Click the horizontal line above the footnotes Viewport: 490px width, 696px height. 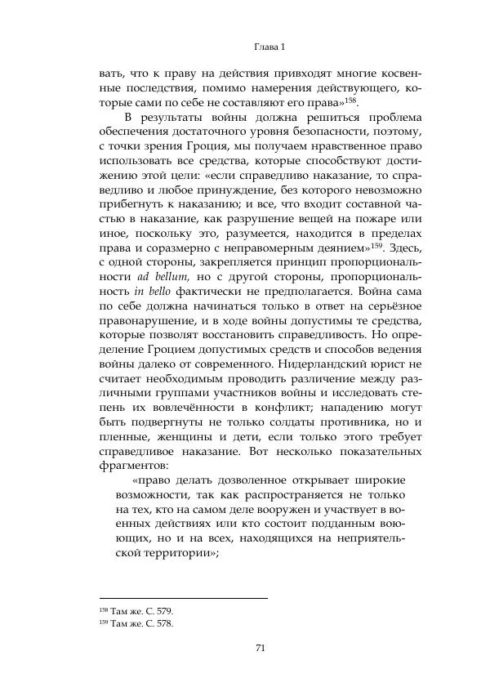point(184,599)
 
